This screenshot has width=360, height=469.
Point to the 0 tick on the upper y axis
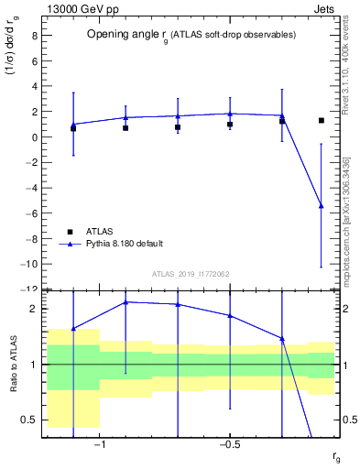(33, 137)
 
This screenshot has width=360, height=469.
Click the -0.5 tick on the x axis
(229, 446)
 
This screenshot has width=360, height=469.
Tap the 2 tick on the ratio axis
(33, 309)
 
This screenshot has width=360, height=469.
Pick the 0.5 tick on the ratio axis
(30, 420)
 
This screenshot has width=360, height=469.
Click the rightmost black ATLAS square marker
(321, 120)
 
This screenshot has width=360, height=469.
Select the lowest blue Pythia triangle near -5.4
(321, 206)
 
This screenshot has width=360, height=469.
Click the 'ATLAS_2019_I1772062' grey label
(190, 274)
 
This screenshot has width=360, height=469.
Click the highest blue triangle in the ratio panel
(125, 301)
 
